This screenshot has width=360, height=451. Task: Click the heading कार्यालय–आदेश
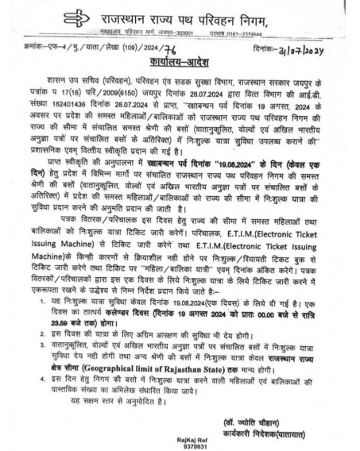pos(180,60)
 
